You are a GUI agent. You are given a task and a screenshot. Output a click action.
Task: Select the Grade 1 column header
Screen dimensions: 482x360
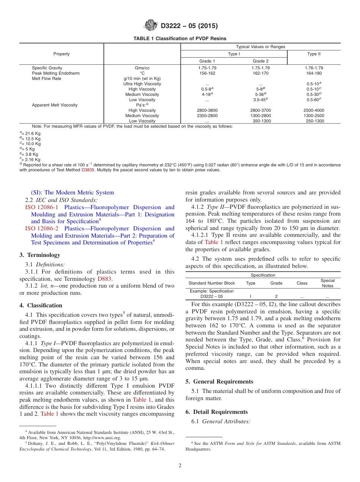207,61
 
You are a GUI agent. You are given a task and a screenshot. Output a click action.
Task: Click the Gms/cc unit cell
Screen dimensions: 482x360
142,68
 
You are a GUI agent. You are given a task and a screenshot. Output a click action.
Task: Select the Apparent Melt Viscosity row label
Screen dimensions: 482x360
55,105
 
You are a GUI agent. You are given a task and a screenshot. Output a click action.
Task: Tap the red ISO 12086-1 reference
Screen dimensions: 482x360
42,207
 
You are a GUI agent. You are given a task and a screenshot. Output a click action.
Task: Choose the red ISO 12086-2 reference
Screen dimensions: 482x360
42,228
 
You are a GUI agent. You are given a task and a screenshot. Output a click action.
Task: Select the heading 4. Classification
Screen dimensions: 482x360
41,305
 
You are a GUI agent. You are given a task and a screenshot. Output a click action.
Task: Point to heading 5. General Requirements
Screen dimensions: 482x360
219,382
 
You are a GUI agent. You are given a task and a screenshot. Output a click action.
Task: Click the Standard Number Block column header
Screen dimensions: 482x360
211,283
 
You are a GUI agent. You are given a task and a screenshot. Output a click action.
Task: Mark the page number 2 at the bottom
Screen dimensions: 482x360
180,466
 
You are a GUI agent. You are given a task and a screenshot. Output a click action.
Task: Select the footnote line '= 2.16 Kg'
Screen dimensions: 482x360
30,160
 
